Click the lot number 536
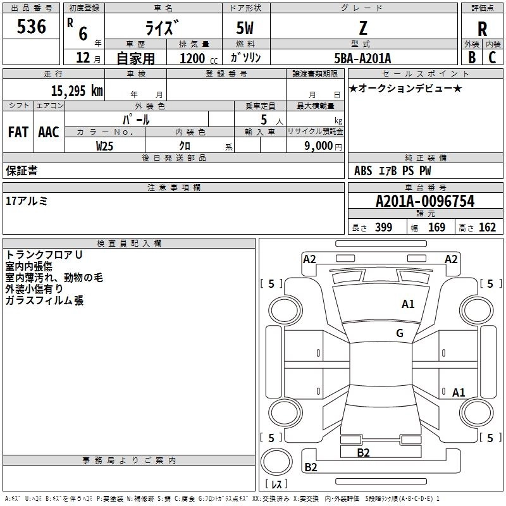point(32,27)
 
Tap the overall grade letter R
point(482,29)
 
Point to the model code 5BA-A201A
point(362,58)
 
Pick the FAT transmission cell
point(18,132)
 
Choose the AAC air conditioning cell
point(49,132)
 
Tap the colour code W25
point(105,145)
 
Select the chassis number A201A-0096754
point(424,201)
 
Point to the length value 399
point(383,228)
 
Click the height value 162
point(487,228)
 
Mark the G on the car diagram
point(400,333)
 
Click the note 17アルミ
point(27,201)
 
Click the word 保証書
point(22,171)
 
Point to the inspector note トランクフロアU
point(45,255)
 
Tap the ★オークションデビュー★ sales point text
point(405,88)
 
